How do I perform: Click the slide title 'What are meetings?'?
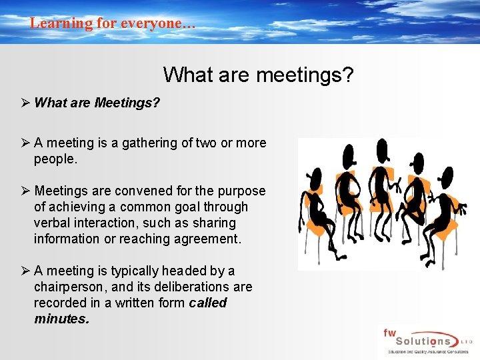258,74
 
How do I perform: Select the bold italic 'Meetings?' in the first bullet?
127,103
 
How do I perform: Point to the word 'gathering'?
150,143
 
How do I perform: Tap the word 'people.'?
56,159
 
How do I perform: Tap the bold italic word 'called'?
208,303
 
